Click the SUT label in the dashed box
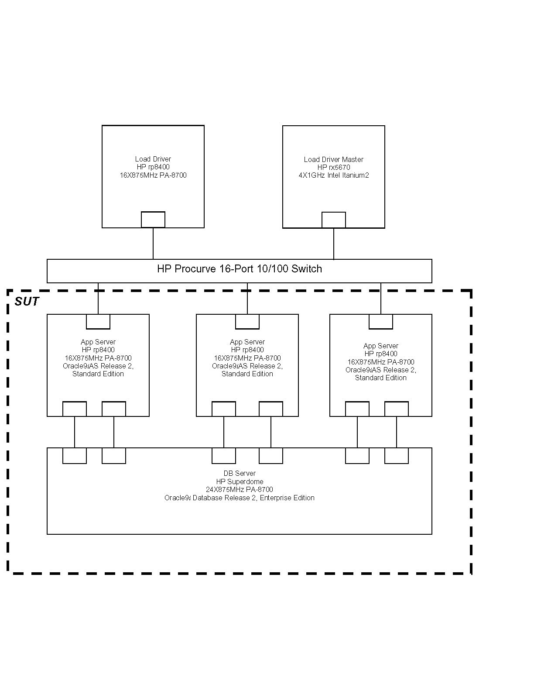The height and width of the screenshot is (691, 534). click(x=27, y=302)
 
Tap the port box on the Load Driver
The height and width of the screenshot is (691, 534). click(x=153, y=220)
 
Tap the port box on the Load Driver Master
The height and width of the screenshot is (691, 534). click(x=334, y=220)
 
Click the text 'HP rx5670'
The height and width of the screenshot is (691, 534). click(x=334, y=168)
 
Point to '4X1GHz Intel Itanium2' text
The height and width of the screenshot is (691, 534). click(x=334, y=175)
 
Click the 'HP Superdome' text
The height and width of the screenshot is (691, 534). click(x=240, y=481)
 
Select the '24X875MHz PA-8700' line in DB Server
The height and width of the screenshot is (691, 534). click(x=240, y=490)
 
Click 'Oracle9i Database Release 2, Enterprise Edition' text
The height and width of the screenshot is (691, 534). click(x=240, y=498)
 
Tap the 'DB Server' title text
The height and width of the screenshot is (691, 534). click(x=240, y=474)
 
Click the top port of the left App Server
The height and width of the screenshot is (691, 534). click(x=98, y=322)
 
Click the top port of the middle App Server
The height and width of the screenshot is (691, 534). click(x=247, y=322)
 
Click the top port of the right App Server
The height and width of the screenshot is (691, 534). click(x=381, y=322)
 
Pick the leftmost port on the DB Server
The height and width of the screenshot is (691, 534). click(x=75, y=456)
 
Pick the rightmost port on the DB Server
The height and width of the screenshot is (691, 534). click(x=397, y=456)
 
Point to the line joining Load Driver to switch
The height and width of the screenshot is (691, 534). click(x=153, y=244)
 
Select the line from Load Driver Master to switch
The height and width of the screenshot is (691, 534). click(x=334, y=244)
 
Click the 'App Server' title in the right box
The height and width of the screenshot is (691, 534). click(x=381, y=346)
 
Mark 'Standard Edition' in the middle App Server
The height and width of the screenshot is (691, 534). click(x=247, y=374)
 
